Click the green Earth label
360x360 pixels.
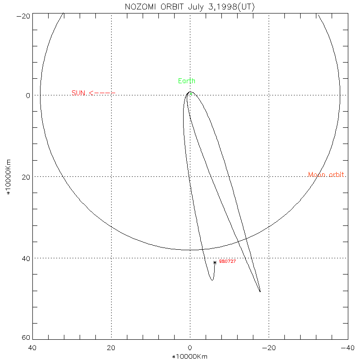(x=187, y=81)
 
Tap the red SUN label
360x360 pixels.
(x=78, y=93)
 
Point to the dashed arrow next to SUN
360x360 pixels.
(x=102, y=93)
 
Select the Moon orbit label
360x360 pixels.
(x=327, y=175)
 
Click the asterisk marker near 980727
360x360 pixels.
(x=215, y=262)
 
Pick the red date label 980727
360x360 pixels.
(x=227, y=261)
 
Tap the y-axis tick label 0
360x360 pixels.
(x=27, y=95)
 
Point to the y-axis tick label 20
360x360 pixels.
(x=25, y=177)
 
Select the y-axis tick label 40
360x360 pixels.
(x=25, y=258)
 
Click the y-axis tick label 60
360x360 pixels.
(x=25, y=338)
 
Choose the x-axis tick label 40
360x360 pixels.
(x=32, y=348)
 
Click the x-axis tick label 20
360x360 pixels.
(x=111, y=348)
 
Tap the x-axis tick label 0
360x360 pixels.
(x=190, y=348)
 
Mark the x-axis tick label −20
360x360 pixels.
(x=268, y=348)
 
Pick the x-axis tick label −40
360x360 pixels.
(x=346, y=348)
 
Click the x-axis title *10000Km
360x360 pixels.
(x=190, y=356)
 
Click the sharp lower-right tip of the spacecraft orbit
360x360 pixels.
(x=260, y=292)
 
